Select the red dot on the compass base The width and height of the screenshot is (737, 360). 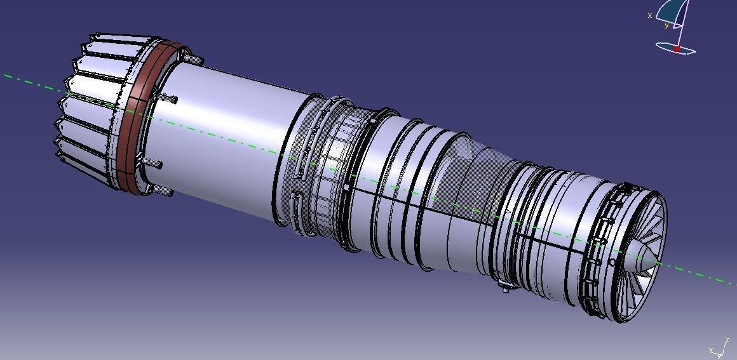click(x=677, y=49)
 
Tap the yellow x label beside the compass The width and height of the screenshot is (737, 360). click(x=650, y=15)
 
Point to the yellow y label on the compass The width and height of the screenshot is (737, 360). click(x=666, y=26)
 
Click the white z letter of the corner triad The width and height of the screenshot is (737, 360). click(x=727, y=341)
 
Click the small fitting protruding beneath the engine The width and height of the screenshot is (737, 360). click(x=505, y=290)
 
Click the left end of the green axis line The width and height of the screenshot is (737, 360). click(x=6, y=75)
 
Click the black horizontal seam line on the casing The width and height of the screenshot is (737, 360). click(x=445, y=213)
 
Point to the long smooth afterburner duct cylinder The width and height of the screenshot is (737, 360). click(x=229, y=133)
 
